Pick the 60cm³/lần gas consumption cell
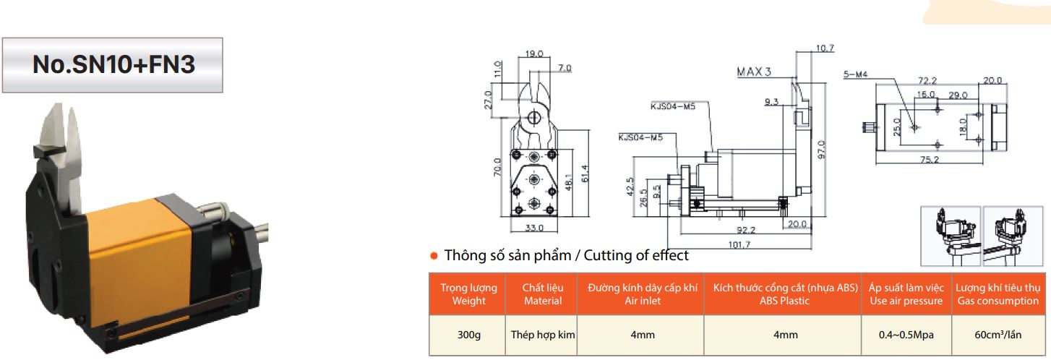(997, 335)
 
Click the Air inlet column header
(642, 294)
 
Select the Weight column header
(468, 294)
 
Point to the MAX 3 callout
(754, 72)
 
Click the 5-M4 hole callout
(855, 74)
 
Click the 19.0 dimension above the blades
(534, 53)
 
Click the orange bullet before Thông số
(435, 256)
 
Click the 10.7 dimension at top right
(824, 48)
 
